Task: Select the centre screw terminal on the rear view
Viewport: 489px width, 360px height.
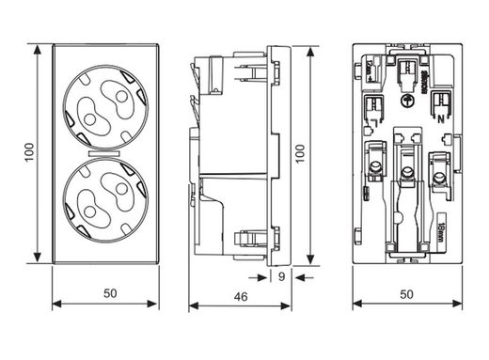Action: (x=408, y=170)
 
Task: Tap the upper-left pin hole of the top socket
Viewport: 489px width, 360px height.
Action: (x=92, y=94)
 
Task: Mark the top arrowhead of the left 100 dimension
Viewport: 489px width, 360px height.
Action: (x=36, y=47)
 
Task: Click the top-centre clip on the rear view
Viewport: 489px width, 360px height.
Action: (x=406, y=66)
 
